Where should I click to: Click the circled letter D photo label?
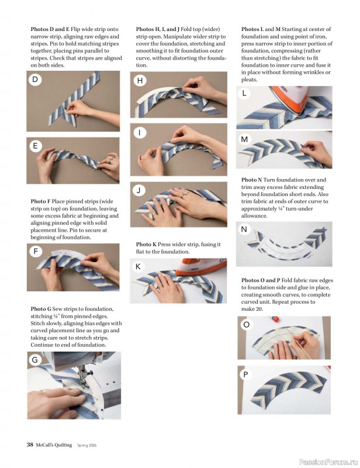click(x=35, y=80)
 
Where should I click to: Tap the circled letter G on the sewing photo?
click(x=35, y=360)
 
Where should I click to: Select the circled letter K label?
click(x=138, y=267)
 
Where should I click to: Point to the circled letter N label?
click(x=244, y=229)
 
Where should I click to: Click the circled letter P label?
click(x=246, y=374)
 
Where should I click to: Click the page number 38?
click(x=30, y=445)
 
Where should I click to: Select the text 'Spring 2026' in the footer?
click(x=87, y=445)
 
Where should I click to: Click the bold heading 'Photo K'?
click(x=146, y=245)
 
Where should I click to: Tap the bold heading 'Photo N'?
click(x=251, y=180)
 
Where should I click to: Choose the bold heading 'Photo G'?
click(x=41, y=309)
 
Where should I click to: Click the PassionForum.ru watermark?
click(x=328, y=462)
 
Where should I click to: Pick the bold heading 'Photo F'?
click(x=40, y=201)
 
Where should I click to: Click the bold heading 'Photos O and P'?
click(x=261, y=280)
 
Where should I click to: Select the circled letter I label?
click(x=139, y=132)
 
